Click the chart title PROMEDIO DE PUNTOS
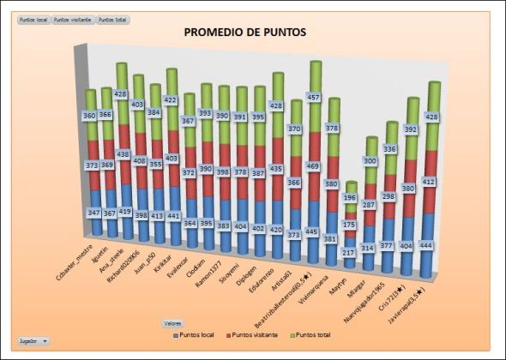tap(245, 33)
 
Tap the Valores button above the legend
tap(172, 323)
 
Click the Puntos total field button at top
tap(112, 18)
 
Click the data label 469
tap(316, 165)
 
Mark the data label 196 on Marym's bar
tap(351, 197)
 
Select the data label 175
tap(350, 225)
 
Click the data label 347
tap(93, 210)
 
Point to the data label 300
tap(370, 161)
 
